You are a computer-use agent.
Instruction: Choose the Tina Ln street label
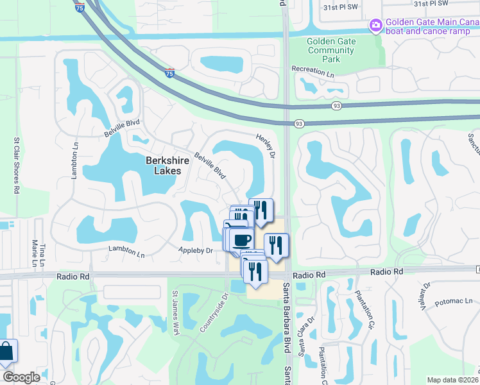42,251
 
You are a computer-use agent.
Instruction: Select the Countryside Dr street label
213,313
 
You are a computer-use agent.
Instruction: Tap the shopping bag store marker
6,352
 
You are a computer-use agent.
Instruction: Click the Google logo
22,377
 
